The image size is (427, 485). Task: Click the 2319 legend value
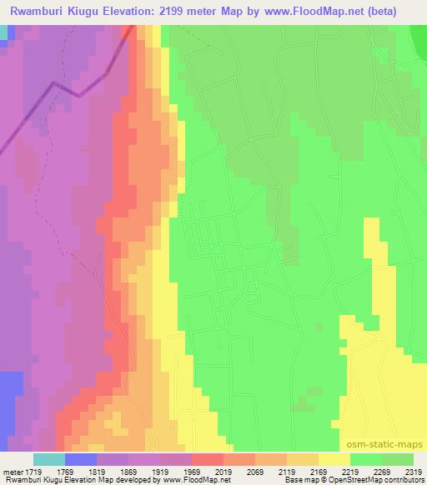(x=414, y=471)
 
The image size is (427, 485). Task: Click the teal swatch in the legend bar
(x=48, y=459)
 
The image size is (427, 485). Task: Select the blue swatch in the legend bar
(x=80, y=459)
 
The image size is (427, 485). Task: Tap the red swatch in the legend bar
(x=207, y=459)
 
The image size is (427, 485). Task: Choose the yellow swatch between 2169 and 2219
(x=334, y=459)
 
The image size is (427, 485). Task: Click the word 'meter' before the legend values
(x=11, y=471)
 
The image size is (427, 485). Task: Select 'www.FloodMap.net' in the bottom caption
(x=188, y=480)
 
